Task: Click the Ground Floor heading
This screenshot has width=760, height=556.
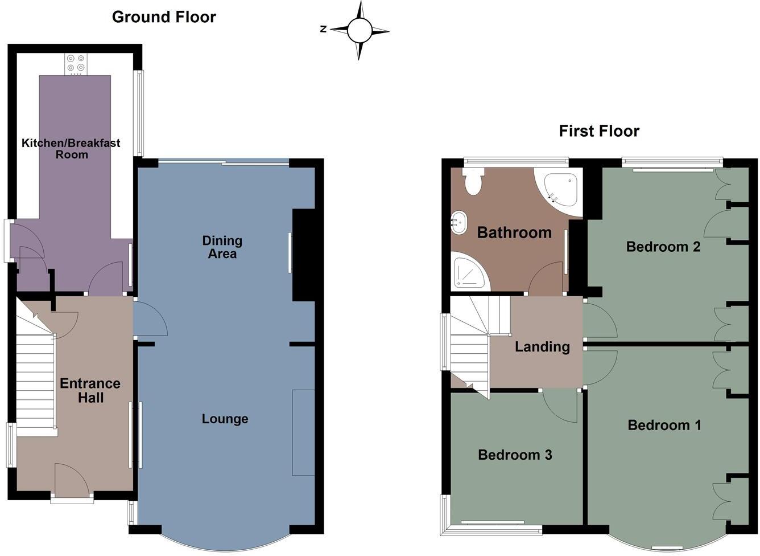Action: pyautogui.click(x=164, y=17)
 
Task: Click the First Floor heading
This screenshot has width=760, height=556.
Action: pyautogui.click(x=599, y=131)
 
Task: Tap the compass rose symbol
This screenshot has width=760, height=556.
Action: pyautogui.click(x=359, y=30)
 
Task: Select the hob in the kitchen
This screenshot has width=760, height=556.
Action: pyautogui.click(x=75, y=63)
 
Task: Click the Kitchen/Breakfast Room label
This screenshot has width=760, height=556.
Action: pyautogui.click(x=71, y=149)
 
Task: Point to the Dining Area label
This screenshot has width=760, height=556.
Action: pyautogui.click(x=222, y=247)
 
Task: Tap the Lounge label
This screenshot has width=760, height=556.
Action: pyautogui.click(x=225, y=419)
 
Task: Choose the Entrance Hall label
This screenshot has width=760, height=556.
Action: pyautogui.click(x=90, y=390)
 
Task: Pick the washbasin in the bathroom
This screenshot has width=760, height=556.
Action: pyautogui.click(x=459, y=222)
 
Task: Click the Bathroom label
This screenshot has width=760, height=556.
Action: pyautogui.click(x=514, y=232)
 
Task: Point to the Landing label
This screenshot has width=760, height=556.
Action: pyautogui.click(x=542, y=346)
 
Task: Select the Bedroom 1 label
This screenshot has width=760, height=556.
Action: pyautogui.click(x=664, y=425)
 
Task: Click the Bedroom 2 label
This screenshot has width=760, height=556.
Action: pyautogui.click(x=663, y=247)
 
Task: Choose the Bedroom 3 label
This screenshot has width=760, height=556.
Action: pyautogui.click(x=515, y=455)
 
